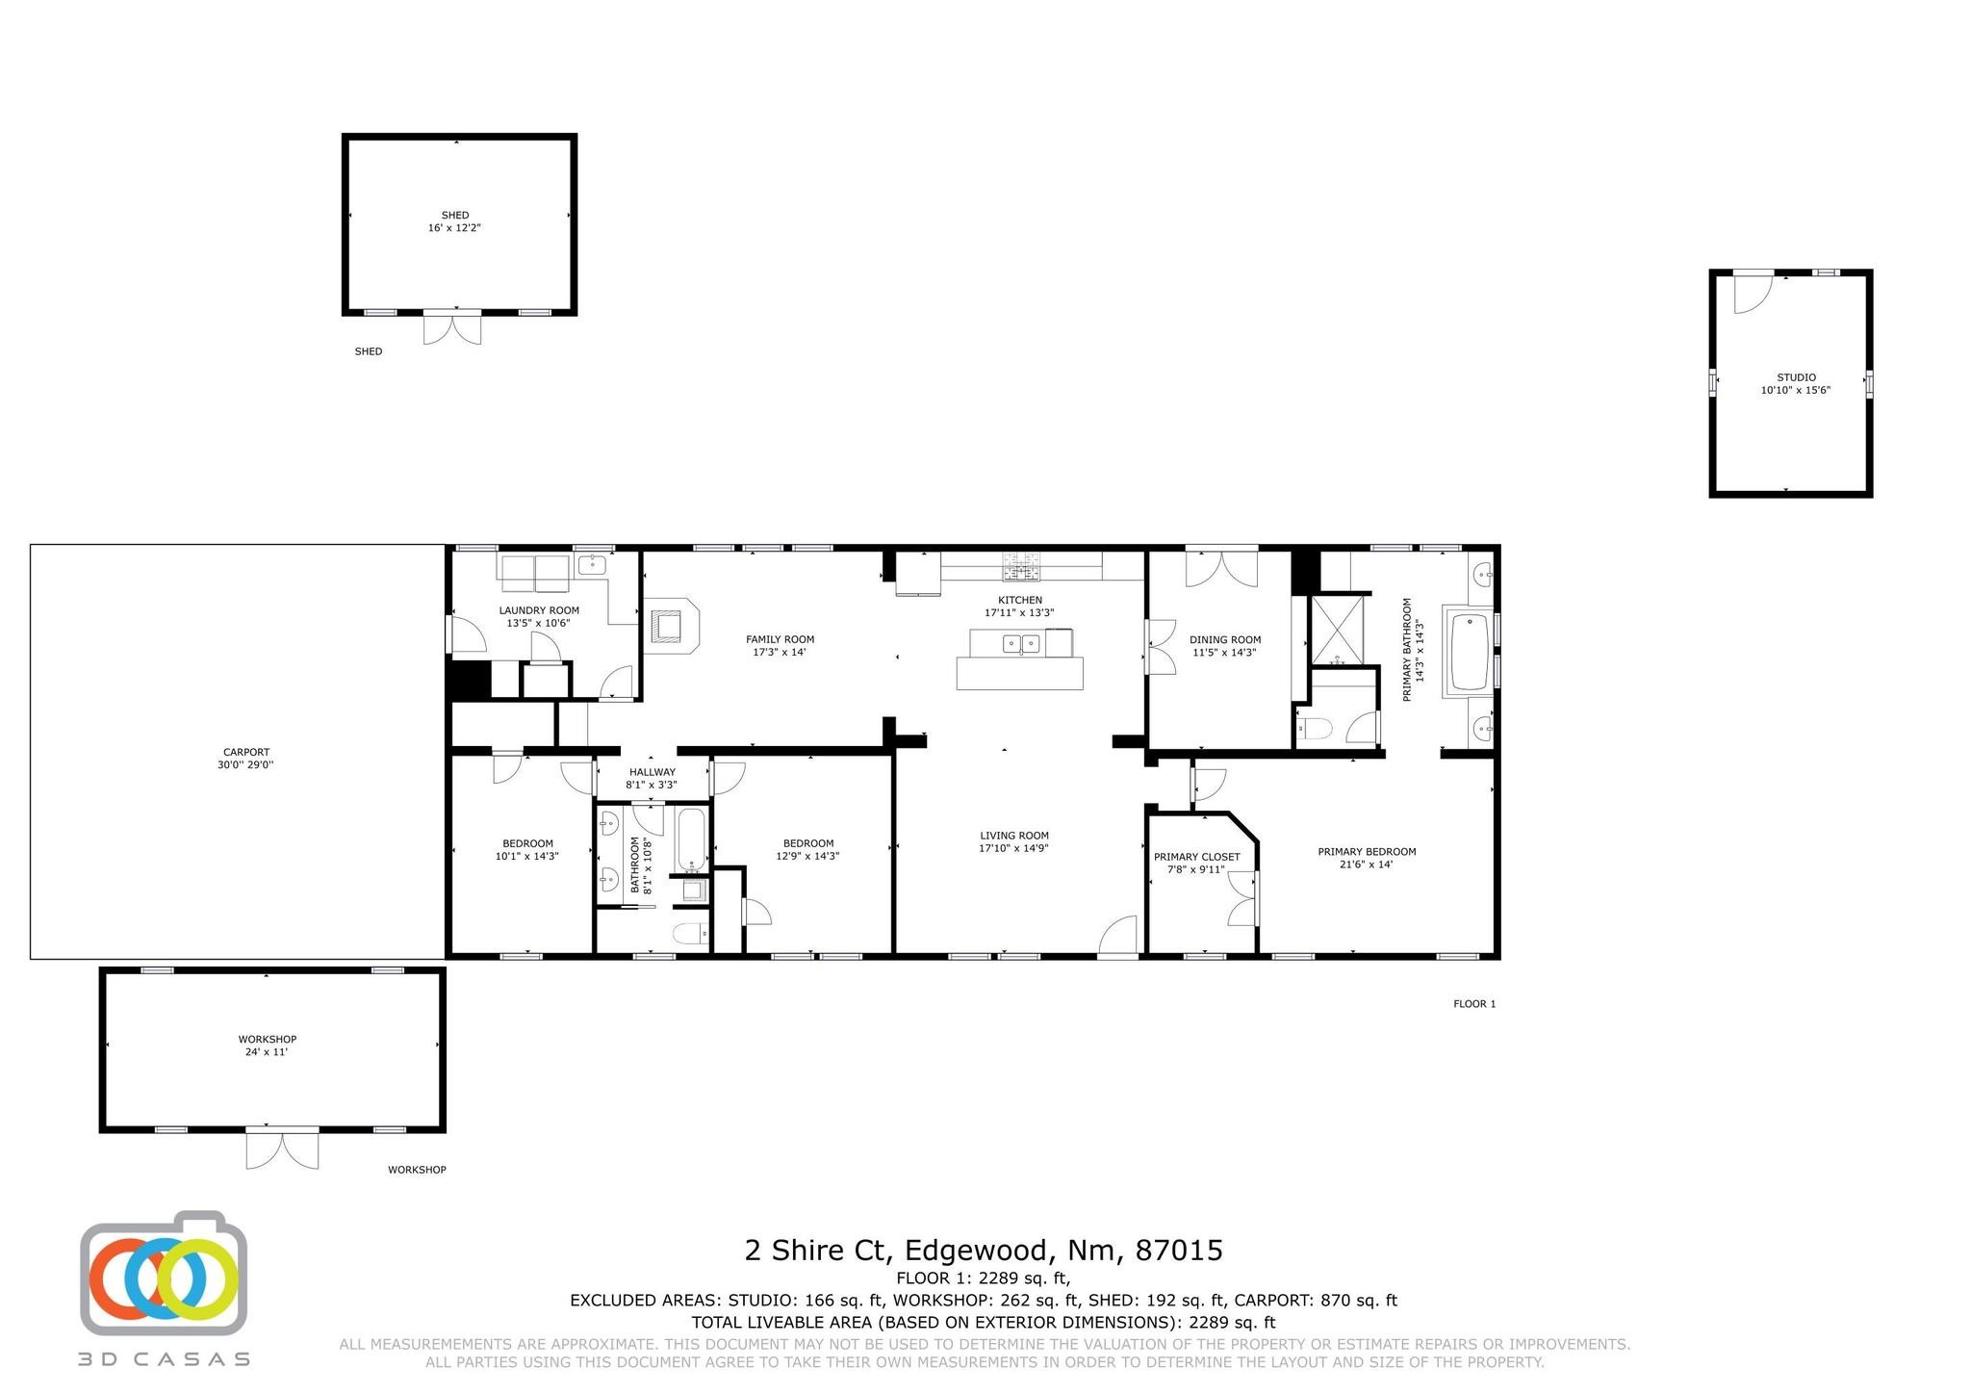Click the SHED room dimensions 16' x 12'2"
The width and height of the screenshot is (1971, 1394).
click(454, 228)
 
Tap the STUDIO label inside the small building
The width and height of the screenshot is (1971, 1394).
click(1796, 377)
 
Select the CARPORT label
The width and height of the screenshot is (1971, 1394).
click(246, 752)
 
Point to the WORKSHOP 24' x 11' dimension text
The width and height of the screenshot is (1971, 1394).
click(267, 1052)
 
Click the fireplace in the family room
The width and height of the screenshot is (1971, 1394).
click(672, 626)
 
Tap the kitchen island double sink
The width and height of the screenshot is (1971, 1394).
click(1021, 643)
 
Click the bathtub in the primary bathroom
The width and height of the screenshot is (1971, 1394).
click(1469, 652)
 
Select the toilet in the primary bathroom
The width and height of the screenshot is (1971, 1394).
click(1314, 729)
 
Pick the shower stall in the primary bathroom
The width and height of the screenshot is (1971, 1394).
click(1338, 630)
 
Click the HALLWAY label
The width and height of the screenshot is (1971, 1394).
click(653, 772)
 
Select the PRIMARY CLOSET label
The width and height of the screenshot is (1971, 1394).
click(1197, 857)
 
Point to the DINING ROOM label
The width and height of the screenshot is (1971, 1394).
click(1225, 639)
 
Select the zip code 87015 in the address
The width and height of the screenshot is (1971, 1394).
click(1179, 1251)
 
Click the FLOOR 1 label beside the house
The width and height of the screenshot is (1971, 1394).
click(1474, 1004)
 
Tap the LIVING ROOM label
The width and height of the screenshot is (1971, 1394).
click(1014, 836)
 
